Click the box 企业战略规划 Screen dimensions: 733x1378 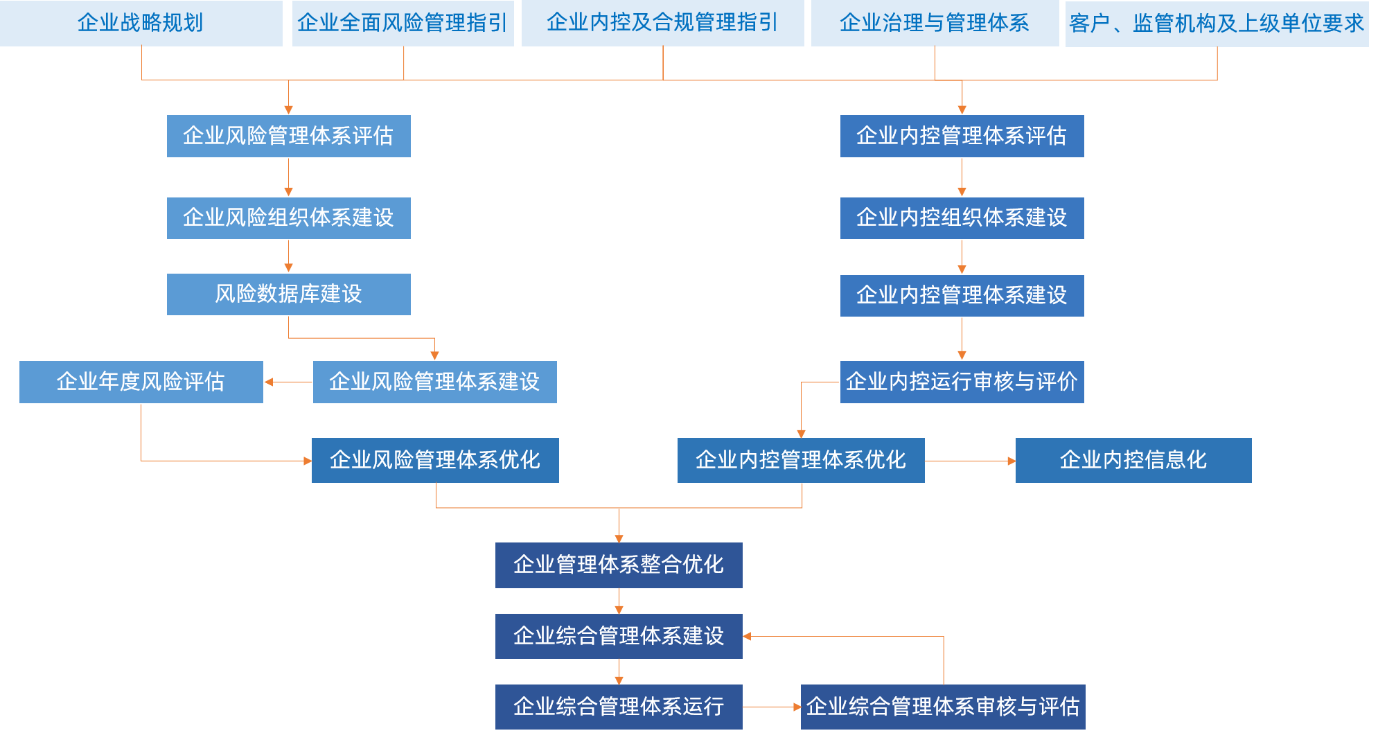141,23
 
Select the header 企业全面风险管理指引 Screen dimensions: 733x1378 403,23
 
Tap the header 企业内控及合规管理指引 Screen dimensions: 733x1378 662,23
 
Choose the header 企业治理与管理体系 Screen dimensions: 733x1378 934,23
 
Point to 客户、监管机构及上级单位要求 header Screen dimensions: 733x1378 1217,24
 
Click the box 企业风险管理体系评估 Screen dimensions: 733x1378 288,136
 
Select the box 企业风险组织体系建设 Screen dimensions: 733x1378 288,218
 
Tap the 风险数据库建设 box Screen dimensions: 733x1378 288,294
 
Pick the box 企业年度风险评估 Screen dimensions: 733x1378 141,382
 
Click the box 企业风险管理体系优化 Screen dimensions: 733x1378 434,460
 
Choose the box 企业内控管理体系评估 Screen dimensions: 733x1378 962,136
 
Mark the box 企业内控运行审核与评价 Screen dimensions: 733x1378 962,382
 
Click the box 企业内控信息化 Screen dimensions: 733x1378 1133,460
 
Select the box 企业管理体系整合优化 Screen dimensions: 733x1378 619,565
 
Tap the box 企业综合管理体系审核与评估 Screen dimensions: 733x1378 942,707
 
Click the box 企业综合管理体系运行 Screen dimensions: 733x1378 619,707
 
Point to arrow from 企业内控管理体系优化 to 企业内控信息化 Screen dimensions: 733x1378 969,461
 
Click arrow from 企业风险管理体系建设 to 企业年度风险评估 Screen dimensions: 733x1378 288,382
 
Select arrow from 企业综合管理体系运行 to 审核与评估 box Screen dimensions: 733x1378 771,707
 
